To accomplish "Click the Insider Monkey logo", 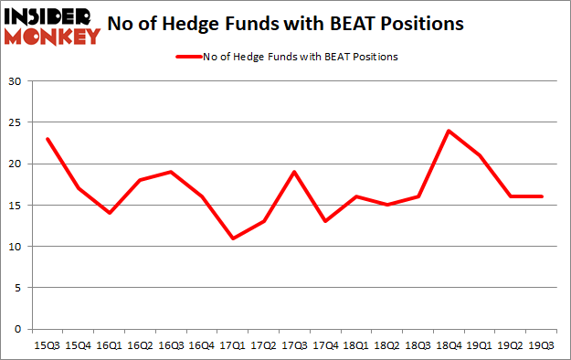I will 51,26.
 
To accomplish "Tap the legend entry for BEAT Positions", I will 286,56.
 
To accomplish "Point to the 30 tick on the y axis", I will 15,81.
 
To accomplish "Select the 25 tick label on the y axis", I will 15,122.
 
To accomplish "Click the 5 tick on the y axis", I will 18,288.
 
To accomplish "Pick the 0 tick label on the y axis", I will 18,329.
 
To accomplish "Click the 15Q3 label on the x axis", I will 48,346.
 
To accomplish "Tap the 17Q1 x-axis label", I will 234,346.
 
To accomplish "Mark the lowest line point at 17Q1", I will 234,238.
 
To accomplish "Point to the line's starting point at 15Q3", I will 48,139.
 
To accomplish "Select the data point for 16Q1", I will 110,213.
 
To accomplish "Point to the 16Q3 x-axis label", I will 172,346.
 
